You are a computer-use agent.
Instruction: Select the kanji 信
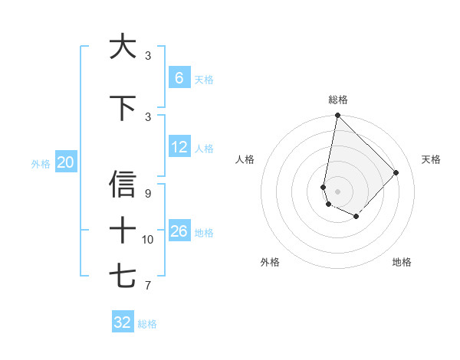pos(123,185)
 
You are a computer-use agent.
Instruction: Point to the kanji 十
pos(123,230)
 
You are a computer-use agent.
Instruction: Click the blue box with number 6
pos(179,78)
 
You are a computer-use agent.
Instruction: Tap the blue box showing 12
pos(179,147)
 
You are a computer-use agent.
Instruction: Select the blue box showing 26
pos(179,231)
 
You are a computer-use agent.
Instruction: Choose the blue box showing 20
pos(66,162)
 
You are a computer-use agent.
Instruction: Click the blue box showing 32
pos(123,322)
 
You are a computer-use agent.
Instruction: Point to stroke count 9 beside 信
pos(148,193)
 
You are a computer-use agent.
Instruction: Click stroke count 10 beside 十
pos(148,240)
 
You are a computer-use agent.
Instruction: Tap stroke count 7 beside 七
pos(148,286)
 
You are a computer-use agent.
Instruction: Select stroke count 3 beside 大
pos(148,56)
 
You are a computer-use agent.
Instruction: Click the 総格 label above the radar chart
pos(337,100)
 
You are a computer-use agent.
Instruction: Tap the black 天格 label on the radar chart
pos(431,159)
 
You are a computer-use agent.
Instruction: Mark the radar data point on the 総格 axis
pos(337,116)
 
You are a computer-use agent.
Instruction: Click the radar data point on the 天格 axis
pos(396,172)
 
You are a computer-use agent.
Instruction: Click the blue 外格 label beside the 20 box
pos(41,163)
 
